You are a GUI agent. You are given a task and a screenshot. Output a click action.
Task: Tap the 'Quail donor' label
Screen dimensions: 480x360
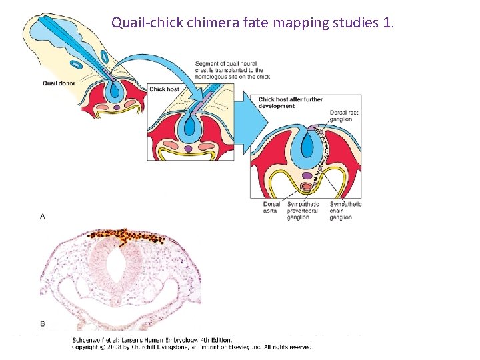point(59,83)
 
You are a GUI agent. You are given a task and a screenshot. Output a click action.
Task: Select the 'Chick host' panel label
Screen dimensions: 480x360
point(164,89)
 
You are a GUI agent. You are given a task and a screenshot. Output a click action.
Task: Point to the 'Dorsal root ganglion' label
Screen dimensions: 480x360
point(344,117)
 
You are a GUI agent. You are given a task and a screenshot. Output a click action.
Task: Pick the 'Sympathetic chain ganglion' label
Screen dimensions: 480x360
point(345,211)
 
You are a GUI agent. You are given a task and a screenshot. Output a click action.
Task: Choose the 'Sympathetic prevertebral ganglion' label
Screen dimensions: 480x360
point(303,211)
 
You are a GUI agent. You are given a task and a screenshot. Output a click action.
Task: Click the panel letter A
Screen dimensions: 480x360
point(43,217)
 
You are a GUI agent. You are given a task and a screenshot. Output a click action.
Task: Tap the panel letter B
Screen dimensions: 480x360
point(43,323)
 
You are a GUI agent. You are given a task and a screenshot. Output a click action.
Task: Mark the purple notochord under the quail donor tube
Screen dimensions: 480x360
point(117,107)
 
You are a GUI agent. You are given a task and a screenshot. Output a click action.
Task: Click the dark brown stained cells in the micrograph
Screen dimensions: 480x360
point(127,235)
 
